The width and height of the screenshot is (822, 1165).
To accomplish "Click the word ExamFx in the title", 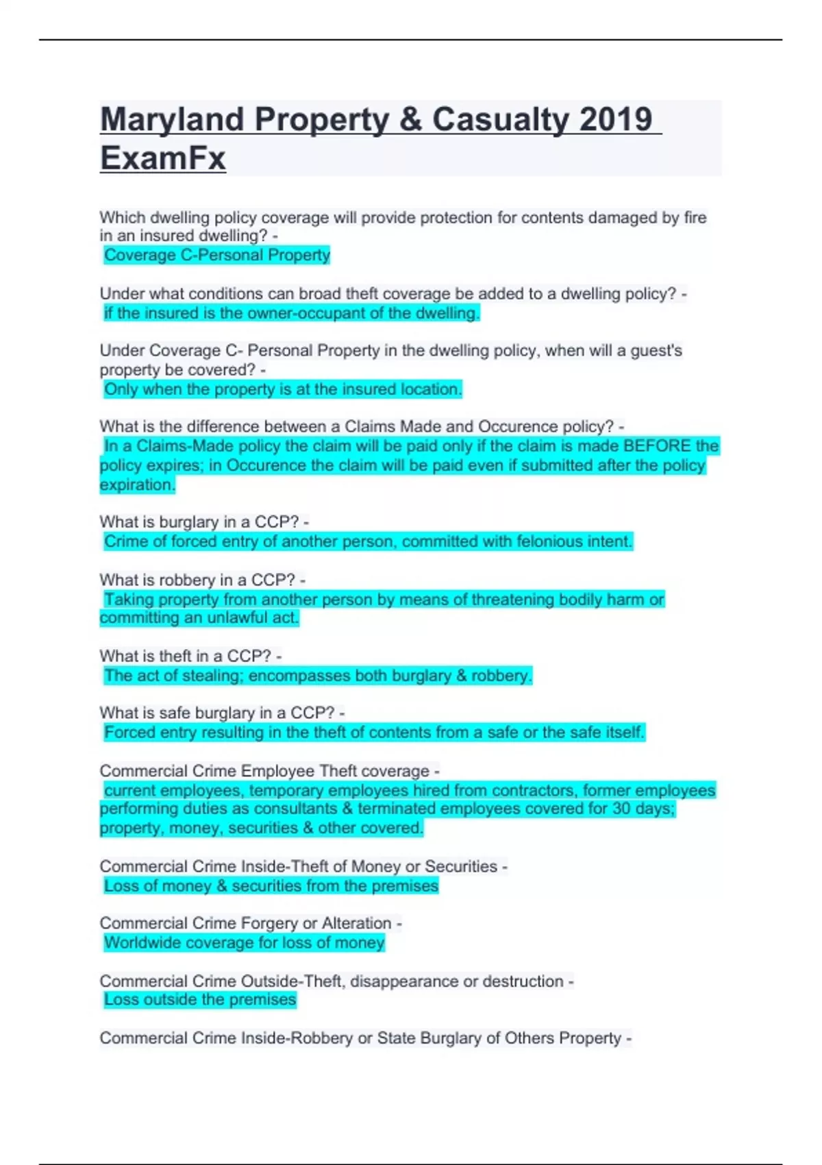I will pos(163,158).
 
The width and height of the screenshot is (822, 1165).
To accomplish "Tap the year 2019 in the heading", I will pos(615,119).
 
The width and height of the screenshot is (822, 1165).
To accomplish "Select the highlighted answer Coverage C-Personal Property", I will pos(216,255).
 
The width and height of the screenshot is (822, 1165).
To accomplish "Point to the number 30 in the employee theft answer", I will pos(621,809).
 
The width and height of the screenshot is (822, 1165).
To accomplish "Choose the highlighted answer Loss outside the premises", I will pos(200,1000).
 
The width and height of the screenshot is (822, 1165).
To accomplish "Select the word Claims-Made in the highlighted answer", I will pos(175,446).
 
